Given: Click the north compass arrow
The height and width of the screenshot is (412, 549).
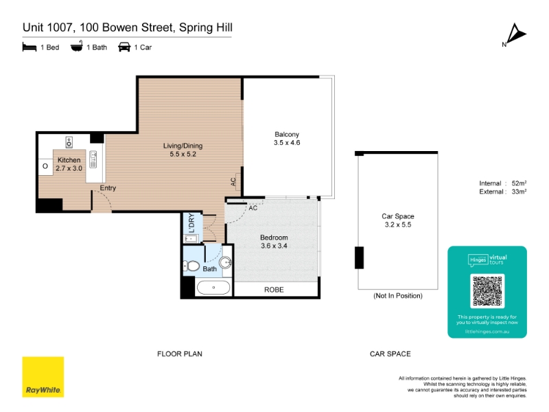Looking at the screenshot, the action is coord(516,34).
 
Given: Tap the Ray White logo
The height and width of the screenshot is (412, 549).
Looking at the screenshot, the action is coord(43,377).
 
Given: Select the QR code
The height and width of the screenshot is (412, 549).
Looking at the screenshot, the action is coord(487,291).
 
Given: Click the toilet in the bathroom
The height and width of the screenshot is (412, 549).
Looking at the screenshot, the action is coord(191,266).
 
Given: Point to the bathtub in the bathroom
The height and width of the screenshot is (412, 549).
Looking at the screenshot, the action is coord(213,288).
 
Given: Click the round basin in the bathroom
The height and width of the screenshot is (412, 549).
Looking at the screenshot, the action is coord(226,262).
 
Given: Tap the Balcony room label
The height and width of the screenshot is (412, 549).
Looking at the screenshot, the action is coord(287,134).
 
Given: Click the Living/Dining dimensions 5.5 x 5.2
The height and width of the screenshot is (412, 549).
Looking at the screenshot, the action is coord(183,154).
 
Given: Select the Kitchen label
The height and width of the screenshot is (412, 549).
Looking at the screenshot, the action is coord(69,160).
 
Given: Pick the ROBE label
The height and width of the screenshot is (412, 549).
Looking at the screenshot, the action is coord(274,290).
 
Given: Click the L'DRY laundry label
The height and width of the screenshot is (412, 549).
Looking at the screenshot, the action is coord(191,223).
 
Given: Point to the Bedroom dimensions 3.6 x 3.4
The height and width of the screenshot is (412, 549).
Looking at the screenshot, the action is coord(274,246).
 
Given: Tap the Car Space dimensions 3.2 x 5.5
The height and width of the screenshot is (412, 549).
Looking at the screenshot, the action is coord(398,225).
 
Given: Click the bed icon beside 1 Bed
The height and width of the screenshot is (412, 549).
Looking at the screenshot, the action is coord(30,47).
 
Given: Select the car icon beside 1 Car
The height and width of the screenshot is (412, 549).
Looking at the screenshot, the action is coord(124,47).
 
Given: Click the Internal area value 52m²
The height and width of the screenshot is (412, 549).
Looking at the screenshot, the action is coord(519,183).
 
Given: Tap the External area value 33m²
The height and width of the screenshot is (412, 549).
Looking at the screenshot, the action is coord(519,192).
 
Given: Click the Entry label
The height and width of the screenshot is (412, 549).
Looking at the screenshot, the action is coord(108,187).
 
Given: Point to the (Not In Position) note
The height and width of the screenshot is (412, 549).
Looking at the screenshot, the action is coord(398,296).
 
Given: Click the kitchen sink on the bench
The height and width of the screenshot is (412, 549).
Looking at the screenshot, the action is coord(93,159).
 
